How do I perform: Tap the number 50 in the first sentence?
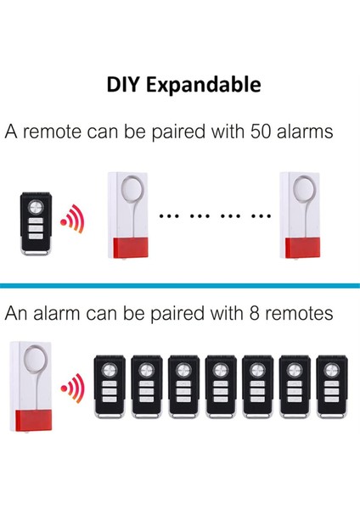click(262, 132)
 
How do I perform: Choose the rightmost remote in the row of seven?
click(330, 388)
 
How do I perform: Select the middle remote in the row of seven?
click(220, 388)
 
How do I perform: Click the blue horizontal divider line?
click(180, 285)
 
